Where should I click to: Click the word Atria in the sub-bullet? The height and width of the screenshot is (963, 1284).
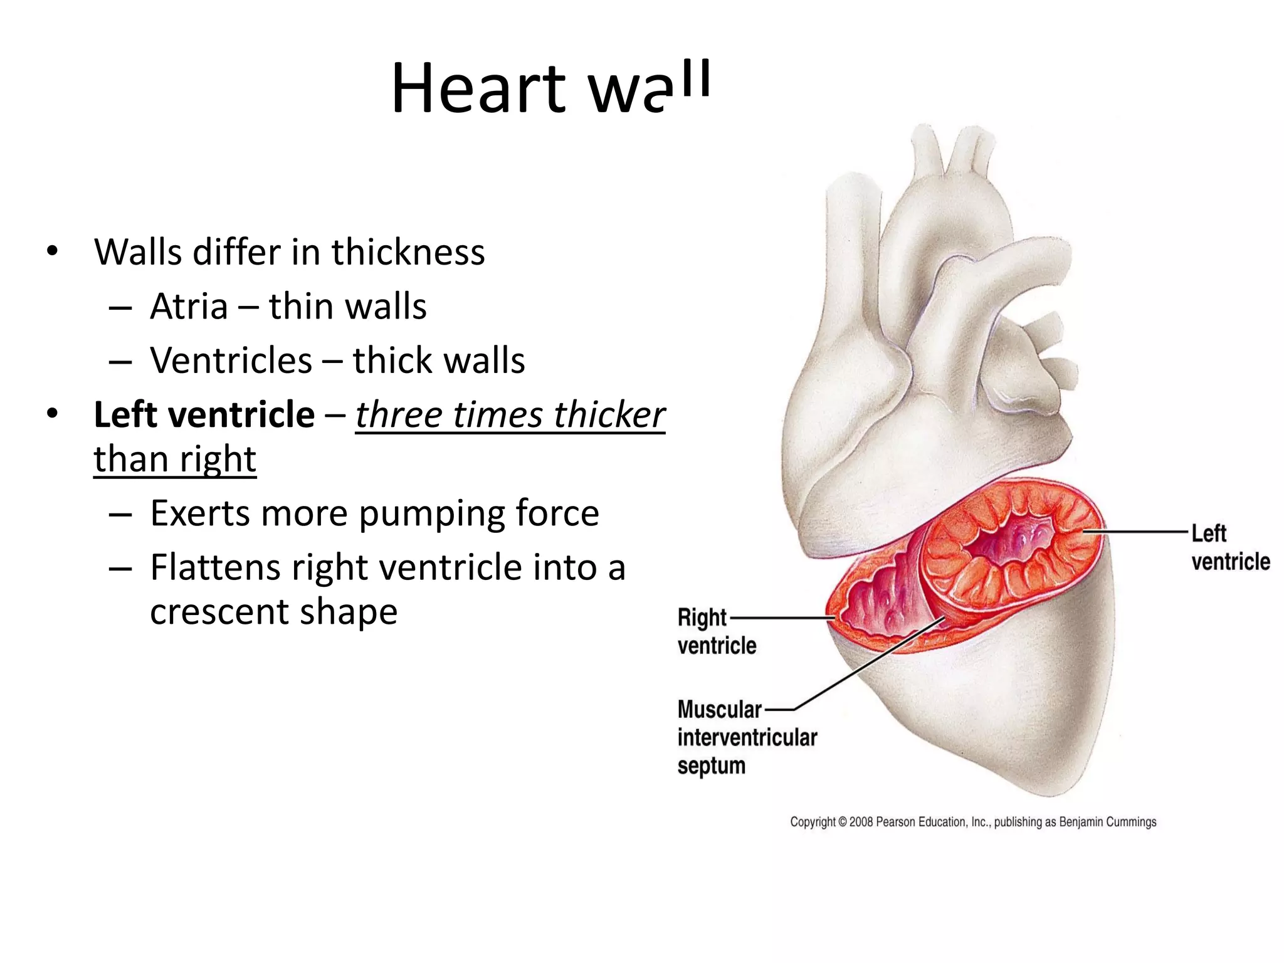189,307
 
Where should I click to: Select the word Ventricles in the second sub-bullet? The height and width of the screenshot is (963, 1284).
231,360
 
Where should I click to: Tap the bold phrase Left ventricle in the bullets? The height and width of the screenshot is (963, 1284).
204,415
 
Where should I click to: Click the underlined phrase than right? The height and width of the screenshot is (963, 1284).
175,459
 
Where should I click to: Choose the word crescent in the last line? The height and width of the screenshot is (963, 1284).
219,611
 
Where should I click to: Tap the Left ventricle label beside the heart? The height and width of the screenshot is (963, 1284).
1229,547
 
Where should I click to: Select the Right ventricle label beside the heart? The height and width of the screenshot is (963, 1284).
716,631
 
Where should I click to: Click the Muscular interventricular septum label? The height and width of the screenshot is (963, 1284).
746,737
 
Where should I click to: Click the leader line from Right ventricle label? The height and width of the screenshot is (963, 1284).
781,618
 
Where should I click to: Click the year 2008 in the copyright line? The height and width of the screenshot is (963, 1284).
861,822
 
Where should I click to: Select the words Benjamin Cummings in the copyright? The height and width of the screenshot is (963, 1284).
1107,822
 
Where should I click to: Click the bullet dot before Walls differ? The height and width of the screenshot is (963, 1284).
52,252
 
